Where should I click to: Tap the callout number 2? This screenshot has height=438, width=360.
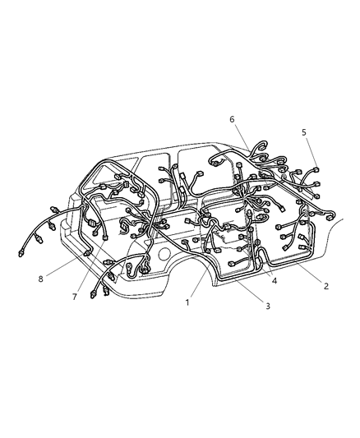click(x=326, y=286)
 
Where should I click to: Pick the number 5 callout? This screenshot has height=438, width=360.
click(x=303, y=131)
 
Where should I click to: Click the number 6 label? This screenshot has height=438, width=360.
click(x=232, y=119)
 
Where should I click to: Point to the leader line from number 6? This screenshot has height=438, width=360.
click(x=241, y=135)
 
